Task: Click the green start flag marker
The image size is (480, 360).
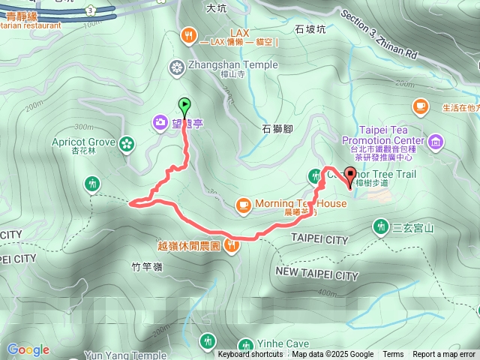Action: pos(184,106)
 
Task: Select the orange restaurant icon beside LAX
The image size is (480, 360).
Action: pos(188,34)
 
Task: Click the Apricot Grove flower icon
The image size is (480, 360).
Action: pos(127,142)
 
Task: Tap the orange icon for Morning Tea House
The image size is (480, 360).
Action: pos(243,204)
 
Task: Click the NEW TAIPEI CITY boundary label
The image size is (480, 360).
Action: pos(317,275)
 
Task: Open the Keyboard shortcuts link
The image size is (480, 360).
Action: pos(250,355)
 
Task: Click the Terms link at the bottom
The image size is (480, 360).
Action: pos(393,355)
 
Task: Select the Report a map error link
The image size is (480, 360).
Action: pos(444,355)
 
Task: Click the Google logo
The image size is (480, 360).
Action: pos(28,349)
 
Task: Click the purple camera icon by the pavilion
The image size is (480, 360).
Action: pos(160,121)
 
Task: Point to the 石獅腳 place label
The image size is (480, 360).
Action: pos(277,129)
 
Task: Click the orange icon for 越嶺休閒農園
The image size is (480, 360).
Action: pos(232,244)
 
